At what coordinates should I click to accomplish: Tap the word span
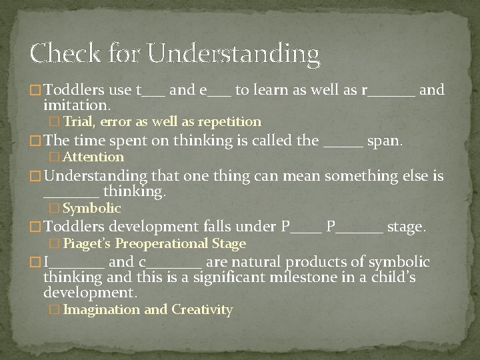[x=387, y=140]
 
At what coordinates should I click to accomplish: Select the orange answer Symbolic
[x=91, y=209]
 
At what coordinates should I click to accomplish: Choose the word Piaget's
[x=88, y=244]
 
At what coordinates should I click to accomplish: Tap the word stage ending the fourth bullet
[x=406, y=227]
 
